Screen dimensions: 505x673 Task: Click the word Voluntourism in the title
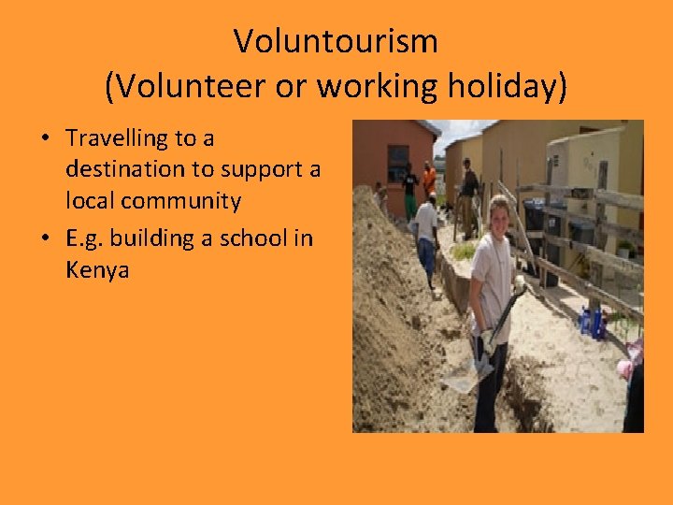(x=336, y=41)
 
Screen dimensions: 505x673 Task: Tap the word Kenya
(x=96, y=270)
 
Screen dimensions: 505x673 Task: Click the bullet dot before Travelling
(x=44, y=139)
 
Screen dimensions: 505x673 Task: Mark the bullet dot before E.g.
(x=44, y=239)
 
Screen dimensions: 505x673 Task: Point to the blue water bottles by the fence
(x=591, y=323)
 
